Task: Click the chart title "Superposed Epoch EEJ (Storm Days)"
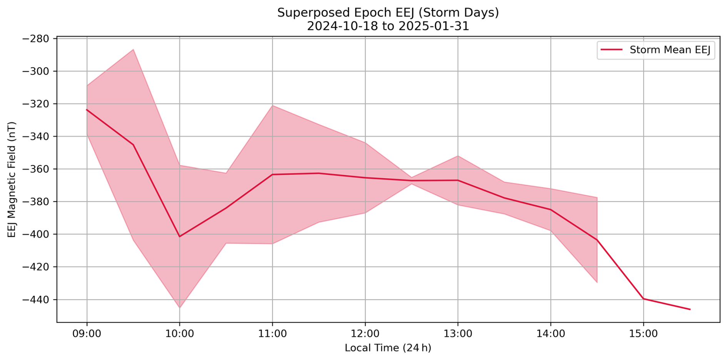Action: click(388, 13)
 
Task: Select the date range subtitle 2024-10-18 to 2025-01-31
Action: click(388, 26)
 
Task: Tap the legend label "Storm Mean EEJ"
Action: click(670, 50)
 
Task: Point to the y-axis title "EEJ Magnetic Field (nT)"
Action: click(12, 179)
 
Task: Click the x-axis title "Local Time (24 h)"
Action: click(388, 348)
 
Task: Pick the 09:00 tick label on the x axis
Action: click(87, 333)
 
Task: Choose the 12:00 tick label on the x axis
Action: click(365, 333)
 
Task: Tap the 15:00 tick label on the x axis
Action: click(643, 333)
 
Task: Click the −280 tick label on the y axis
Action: click(35, 39)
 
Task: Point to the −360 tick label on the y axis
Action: click(35, 169)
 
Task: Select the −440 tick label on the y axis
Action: click(35, 300)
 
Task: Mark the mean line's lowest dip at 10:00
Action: click(179, 236)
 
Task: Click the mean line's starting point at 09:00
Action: click(87, 110)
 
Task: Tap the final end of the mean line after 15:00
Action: click(690, 309)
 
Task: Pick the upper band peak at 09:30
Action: click(133, 49)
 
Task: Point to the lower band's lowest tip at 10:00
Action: click(179, 308)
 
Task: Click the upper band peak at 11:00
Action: click(272, 105)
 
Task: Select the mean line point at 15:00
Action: click(643, 298)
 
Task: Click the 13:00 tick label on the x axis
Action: click(458, 333)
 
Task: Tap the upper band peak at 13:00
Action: click(458, 156)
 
